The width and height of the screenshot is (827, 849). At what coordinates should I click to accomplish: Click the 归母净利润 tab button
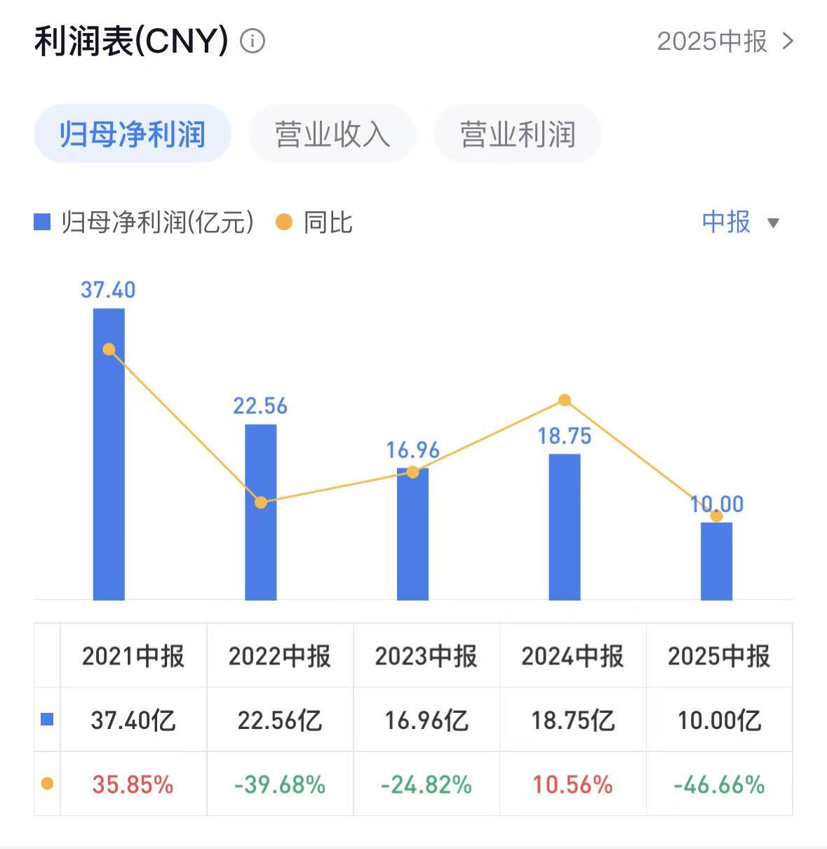(132, 134)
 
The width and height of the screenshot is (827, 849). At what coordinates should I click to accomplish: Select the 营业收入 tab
(332, 134)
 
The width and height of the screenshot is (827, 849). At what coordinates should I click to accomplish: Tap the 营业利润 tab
(518, 134)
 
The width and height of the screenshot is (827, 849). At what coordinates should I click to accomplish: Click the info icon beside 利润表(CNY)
(253, 41)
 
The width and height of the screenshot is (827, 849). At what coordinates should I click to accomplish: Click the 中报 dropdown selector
(740, 222)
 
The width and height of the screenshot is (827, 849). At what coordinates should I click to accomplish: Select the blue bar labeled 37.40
(109, 456)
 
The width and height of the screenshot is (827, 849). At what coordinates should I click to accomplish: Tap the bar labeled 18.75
(565, 526)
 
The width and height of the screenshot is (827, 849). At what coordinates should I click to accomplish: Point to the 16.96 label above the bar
(412, 450)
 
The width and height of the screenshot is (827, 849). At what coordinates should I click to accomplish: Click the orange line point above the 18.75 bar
(565, 401)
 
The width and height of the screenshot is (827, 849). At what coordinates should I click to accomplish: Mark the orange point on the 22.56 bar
(261, 502)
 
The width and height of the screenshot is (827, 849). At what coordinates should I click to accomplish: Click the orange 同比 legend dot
(284, 223)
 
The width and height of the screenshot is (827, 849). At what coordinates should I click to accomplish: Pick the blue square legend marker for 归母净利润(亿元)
(43, 223)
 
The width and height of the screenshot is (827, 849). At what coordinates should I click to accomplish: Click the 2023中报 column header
(426, 656)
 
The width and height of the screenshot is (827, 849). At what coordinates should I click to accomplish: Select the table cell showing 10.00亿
(719, 720)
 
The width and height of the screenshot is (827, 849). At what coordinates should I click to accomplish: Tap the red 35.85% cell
(133, 784)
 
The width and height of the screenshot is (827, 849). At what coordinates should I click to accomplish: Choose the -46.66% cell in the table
(719, 784)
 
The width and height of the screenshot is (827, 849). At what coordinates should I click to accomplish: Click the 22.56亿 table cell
(279, 720)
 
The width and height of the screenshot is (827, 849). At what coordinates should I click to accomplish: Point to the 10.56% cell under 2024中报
(572, 784)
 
